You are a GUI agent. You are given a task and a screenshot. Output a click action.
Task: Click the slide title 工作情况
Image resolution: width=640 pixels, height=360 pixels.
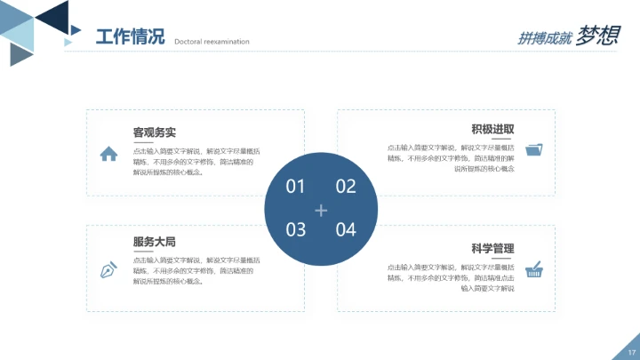click(130, 37)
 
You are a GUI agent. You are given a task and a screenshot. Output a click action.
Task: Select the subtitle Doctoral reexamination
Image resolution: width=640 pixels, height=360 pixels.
click(212, 42)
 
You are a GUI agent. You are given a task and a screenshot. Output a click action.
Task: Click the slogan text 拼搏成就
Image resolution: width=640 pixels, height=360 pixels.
click(544, 38)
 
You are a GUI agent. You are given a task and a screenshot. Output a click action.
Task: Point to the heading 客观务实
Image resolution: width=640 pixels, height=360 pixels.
click(154, 132)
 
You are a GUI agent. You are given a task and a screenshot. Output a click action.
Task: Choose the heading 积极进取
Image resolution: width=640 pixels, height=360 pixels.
click(492, 129)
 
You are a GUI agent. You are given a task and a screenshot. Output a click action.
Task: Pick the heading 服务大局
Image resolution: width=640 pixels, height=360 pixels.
click(154, 241)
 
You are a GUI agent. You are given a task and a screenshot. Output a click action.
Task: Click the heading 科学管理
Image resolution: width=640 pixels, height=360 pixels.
click(492, 248)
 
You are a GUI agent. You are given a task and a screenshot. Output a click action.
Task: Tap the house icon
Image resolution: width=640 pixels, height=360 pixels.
click(108, 154)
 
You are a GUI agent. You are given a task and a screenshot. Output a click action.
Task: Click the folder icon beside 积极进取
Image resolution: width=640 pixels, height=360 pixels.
click(534, 149)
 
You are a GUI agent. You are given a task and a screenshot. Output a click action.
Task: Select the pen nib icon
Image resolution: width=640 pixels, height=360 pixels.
click(108, 268)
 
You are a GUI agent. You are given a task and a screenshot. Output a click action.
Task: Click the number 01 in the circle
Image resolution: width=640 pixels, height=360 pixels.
click(295, 187)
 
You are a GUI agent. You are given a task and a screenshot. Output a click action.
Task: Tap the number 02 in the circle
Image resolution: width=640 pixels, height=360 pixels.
click(346, 187)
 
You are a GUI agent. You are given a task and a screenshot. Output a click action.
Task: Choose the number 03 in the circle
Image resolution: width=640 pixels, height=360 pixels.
click(295, 230)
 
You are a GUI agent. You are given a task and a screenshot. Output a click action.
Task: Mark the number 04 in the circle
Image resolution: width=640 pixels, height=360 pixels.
click(346, 230)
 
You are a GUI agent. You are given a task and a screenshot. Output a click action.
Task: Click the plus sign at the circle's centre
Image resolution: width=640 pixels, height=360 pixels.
click(321, 210)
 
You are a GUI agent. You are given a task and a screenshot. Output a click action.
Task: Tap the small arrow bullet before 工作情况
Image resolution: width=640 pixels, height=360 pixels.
click(68, 41)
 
